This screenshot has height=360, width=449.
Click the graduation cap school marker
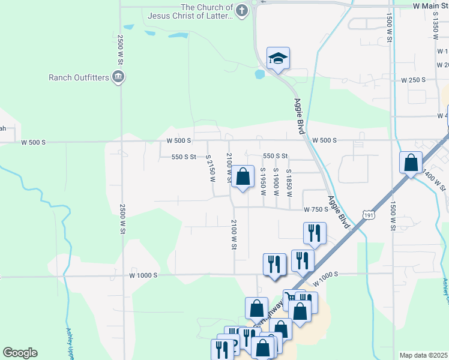278,58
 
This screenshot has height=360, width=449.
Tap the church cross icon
241,10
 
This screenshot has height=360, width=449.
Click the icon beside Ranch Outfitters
118,76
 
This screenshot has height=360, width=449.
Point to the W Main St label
430,5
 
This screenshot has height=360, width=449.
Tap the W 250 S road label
413,80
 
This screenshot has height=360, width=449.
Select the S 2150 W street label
210,166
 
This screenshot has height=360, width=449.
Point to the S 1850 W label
289,178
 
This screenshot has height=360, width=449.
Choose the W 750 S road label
316,209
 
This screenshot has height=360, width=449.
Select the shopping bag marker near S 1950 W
243,178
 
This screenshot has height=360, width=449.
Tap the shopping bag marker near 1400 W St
411,163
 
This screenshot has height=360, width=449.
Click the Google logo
20,353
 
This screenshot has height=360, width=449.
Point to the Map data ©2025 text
424,355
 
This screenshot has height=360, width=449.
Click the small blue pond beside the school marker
259,75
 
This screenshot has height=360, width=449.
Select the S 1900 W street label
276,178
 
